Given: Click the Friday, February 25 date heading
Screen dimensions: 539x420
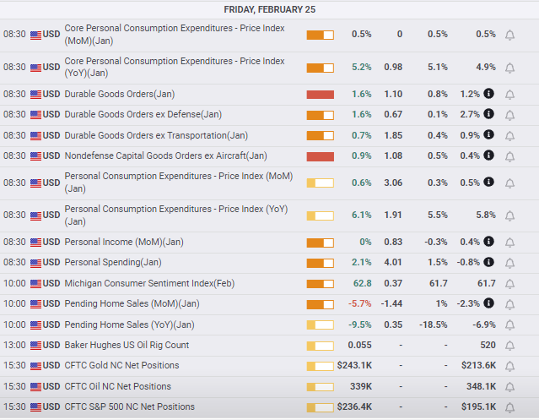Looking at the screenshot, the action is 270,9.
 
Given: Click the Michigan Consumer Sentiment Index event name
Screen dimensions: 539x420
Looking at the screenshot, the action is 149,283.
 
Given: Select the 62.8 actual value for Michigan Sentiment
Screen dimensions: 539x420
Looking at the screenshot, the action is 363,283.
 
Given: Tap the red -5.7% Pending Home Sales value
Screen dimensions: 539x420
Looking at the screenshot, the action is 359,303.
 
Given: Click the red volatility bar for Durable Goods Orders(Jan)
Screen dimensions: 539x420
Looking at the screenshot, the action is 320,95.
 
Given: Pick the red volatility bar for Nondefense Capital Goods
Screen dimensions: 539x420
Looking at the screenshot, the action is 320,156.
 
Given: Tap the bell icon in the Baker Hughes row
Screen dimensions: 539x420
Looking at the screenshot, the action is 509,346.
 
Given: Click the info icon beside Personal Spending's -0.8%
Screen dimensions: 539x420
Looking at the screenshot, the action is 488,262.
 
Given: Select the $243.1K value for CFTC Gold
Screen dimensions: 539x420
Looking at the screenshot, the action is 354,365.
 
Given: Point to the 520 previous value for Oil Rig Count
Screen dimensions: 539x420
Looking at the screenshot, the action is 488,345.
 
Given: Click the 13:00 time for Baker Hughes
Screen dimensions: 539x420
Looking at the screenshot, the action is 14,345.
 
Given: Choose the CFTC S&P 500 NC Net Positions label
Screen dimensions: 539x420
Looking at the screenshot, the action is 130,406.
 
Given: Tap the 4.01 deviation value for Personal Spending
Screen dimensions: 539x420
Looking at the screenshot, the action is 393,262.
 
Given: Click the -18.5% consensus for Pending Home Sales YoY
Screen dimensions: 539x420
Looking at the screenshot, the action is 433,325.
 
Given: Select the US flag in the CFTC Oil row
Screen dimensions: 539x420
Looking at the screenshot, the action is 35,387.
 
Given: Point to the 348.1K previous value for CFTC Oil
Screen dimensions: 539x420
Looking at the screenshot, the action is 481,386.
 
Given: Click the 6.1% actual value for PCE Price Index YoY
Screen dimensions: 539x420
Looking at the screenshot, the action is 361,215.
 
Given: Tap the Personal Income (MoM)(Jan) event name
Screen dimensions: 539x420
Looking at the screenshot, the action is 124,242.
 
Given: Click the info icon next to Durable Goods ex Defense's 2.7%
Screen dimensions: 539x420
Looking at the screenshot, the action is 488,113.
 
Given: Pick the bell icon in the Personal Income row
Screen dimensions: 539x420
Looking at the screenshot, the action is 509,243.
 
